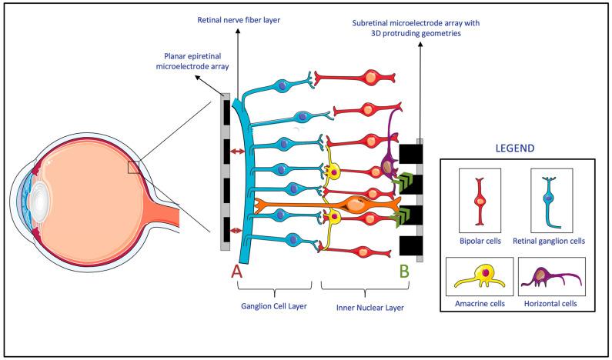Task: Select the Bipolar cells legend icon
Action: click(481, 199)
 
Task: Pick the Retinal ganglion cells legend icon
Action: click(548, 199)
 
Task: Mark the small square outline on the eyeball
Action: click(134, 168)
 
